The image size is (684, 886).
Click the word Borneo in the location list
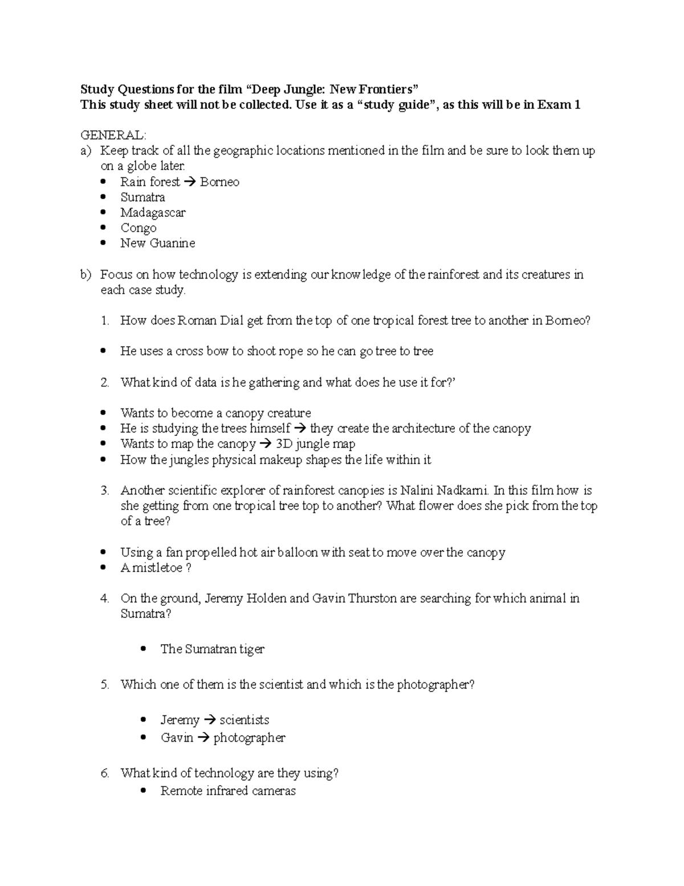[219, 182]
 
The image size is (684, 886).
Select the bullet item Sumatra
[142, 197]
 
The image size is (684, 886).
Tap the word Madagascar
[153, 213]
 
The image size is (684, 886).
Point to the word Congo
[138, 228]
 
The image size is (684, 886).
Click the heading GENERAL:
[113, 135]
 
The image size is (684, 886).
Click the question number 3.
[104, 491]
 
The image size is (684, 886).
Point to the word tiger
[252, 649]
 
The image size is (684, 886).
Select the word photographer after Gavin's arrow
[249, 738]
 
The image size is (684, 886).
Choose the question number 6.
[104, 774]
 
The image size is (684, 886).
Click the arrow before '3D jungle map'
[265, 444]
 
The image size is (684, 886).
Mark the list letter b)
[86, 275]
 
